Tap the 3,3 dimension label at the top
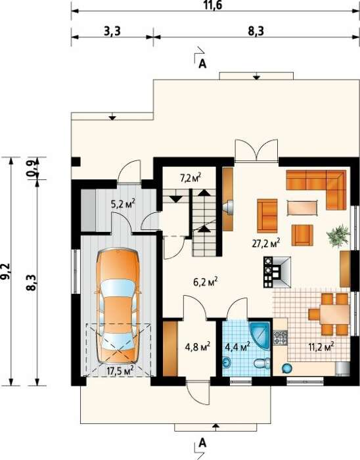pos(112,31)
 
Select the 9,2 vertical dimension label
pos(6,271)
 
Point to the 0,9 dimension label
pos(32,168)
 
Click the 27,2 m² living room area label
pos(266,243)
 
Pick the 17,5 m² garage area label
pos(120,370)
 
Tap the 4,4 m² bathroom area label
pos(237,346)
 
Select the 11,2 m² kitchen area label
pos(321,347)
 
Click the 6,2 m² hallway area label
pos(205,283)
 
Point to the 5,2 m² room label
pos(123,203)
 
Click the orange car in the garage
pos(118,306)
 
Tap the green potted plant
pos(338,235)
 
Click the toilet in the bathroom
pos(262,364)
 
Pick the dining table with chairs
pos(329,314)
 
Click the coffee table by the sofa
pos(302,208)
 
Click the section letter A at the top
pos(202,64)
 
